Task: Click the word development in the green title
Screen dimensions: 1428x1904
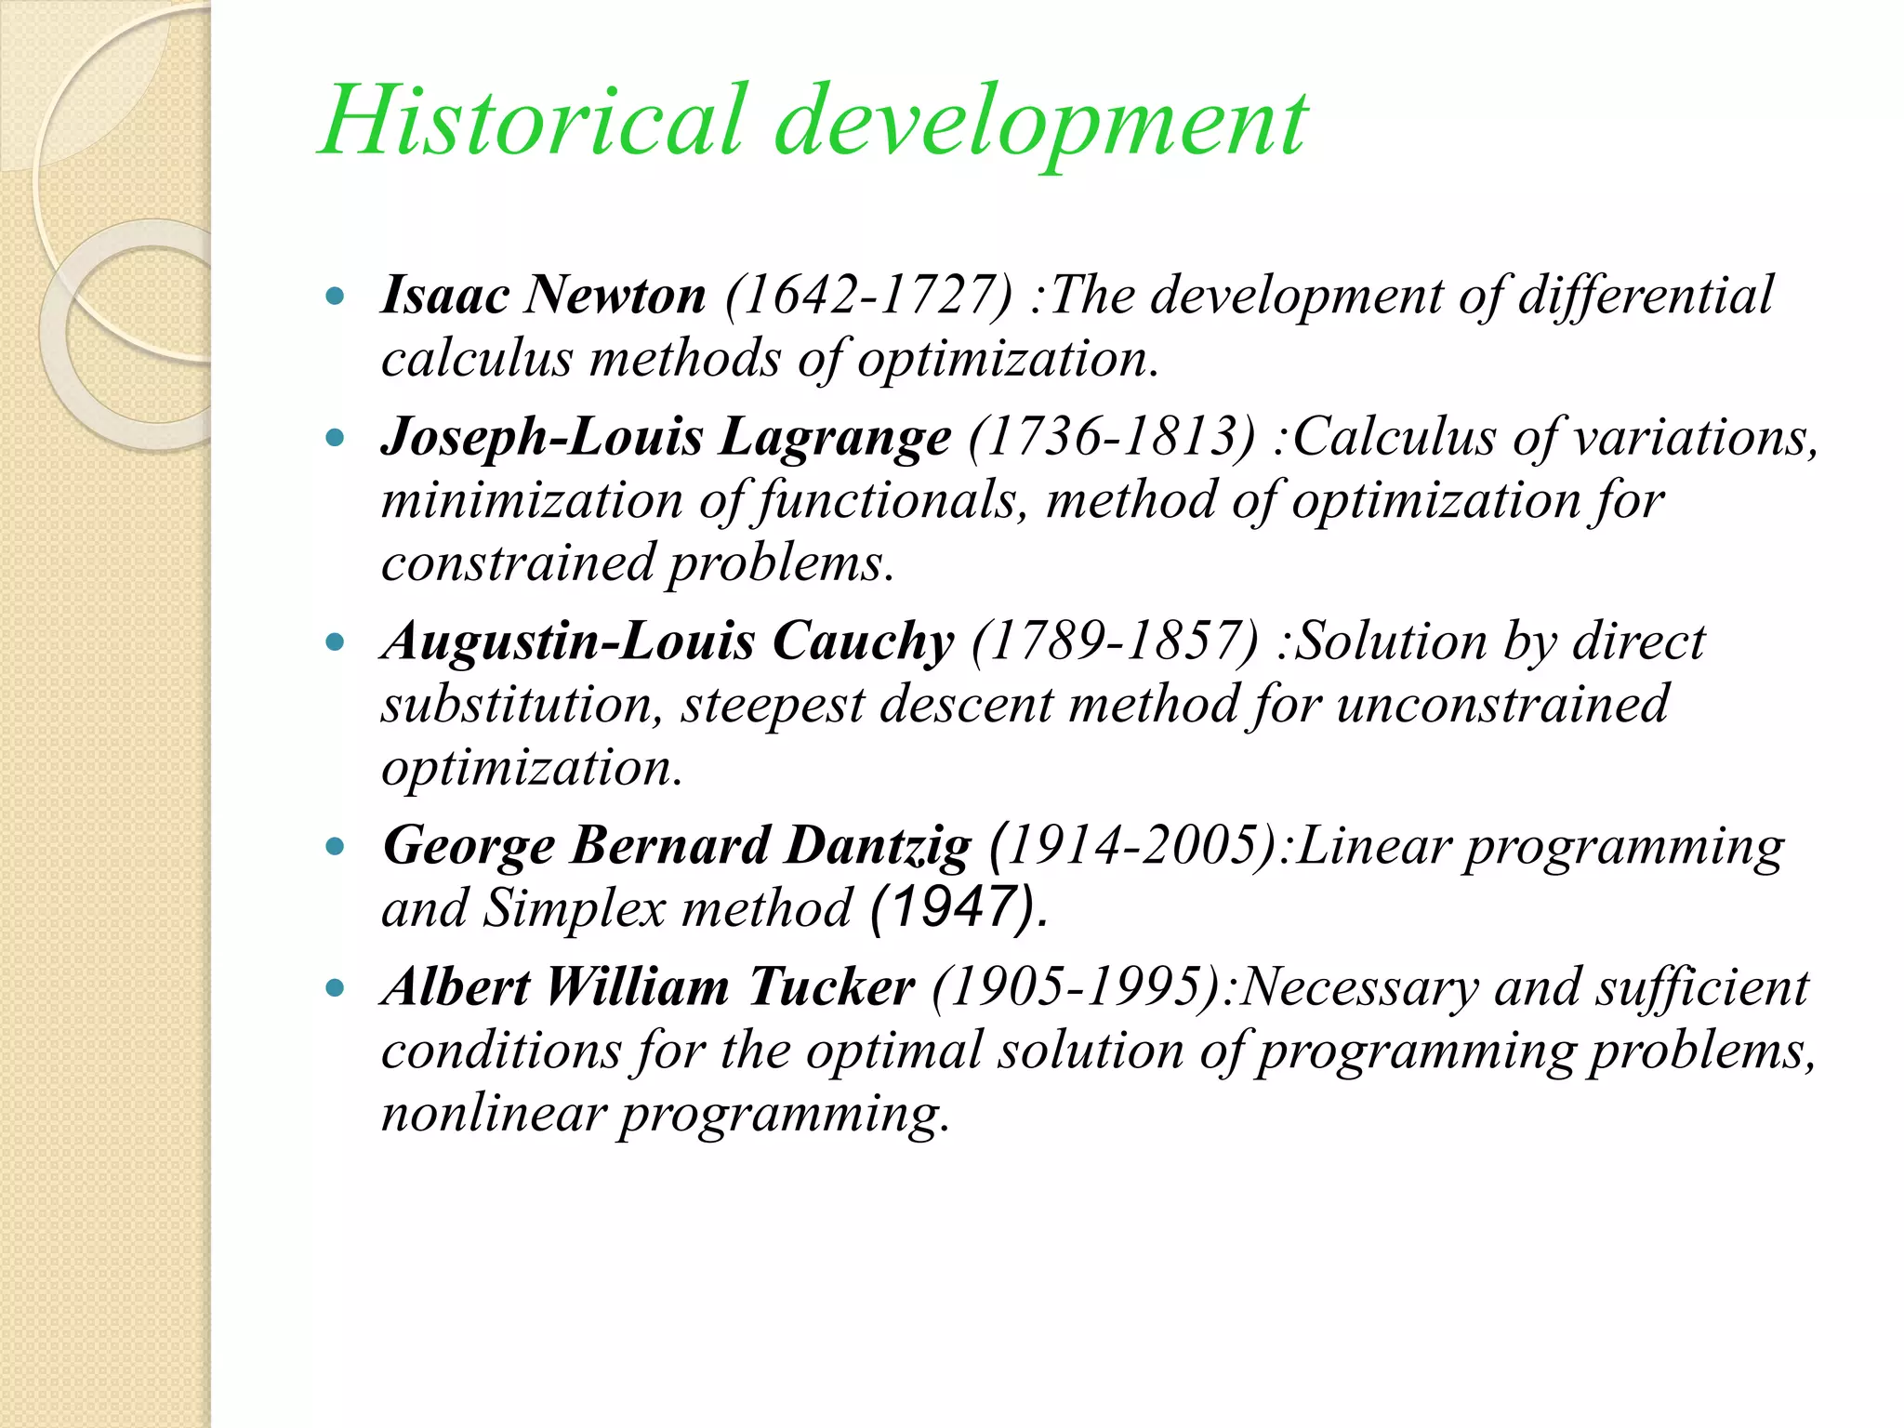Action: click(1041, 126)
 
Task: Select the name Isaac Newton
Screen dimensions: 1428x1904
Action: click(544, 296)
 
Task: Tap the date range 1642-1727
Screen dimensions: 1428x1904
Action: click(868, 296)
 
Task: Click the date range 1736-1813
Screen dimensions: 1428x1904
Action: click(1112, 437)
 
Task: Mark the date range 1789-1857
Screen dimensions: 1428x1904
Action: click(1116, 641)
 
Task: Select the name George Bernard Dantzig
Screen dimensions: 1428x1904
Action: click(677, 846)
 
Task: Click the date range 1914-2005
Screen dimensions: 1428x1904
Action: click(1140, 846)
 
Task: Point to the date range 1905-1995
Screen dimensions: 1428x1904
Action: click(1078, 987)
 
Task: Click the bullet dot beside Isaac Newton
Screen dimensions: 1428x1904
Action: click(336, 297)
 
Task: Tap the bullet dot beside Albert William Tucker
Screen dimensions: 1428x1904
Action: click(336, 988)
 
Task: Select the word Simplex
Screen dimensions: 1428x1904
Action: click(574, 909)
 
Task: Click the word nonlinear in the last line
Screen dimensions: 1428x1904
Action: click(493, 1114)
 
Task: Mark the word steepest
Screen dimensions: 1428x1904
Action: click(773, 705)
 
